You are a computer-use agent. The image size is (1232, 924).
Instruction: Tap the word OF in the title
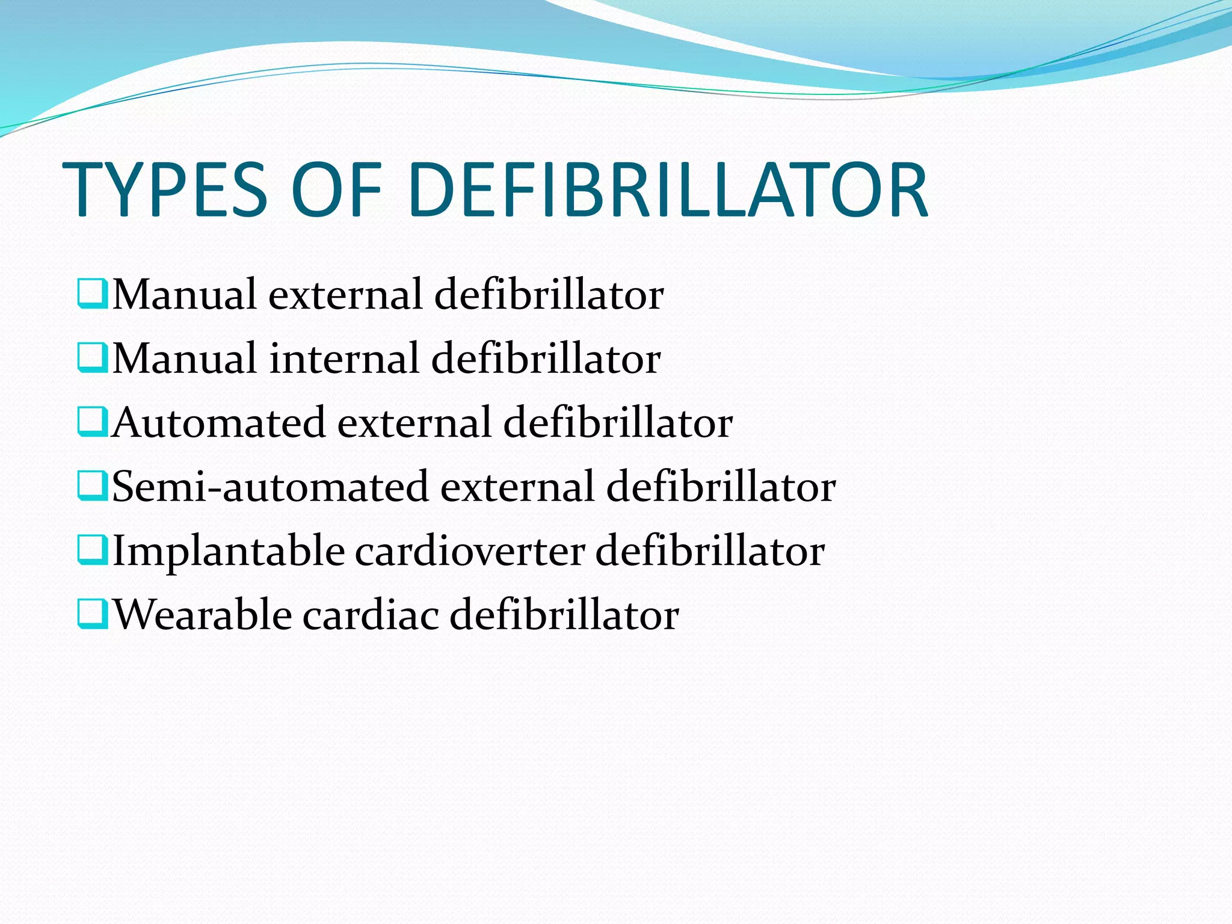[x=336, y=190]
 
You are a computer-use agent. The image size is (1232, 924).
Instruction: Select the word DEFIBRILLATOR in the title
[x=668, y=190]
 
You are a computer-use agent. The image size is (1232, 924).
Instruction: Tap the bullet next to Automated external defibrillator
[x=92, y=422]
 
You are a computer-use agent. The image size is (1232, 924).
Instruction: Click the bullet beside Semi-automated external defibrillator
[x=92, y=486]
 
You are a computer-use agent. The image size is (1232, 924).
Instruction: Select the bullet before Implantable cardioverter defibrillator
[x=92, y=550]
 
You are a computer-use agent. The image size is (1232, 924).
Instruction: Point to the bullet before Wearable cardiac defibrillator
[x=92, y=615]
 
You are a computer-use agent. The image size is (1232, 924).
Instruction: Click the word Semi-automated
[x=270, y=487]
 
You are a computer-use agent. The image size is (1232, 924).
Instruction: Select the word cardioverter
[x=469, y=551]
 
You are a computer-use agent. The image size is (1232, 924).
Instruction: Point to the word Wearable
[x=202, y=615]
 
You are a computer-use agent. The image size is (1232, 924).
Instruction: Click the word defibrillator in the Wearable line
[x=564, y=615]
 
